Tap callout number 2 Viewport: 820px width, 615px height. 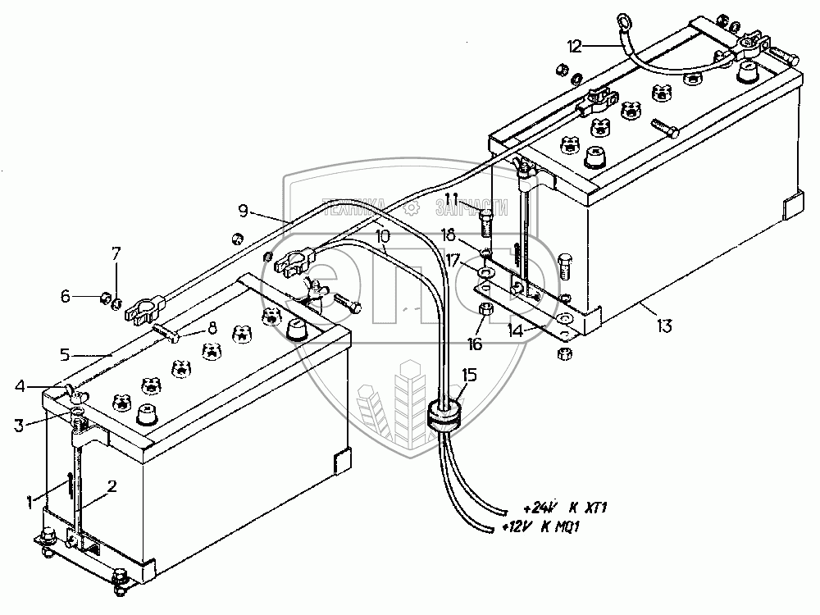click(112, 485)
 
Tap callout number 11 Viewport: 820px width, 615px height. click(452, 199)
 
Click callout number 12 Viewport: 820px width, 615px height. click(574, 46)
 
